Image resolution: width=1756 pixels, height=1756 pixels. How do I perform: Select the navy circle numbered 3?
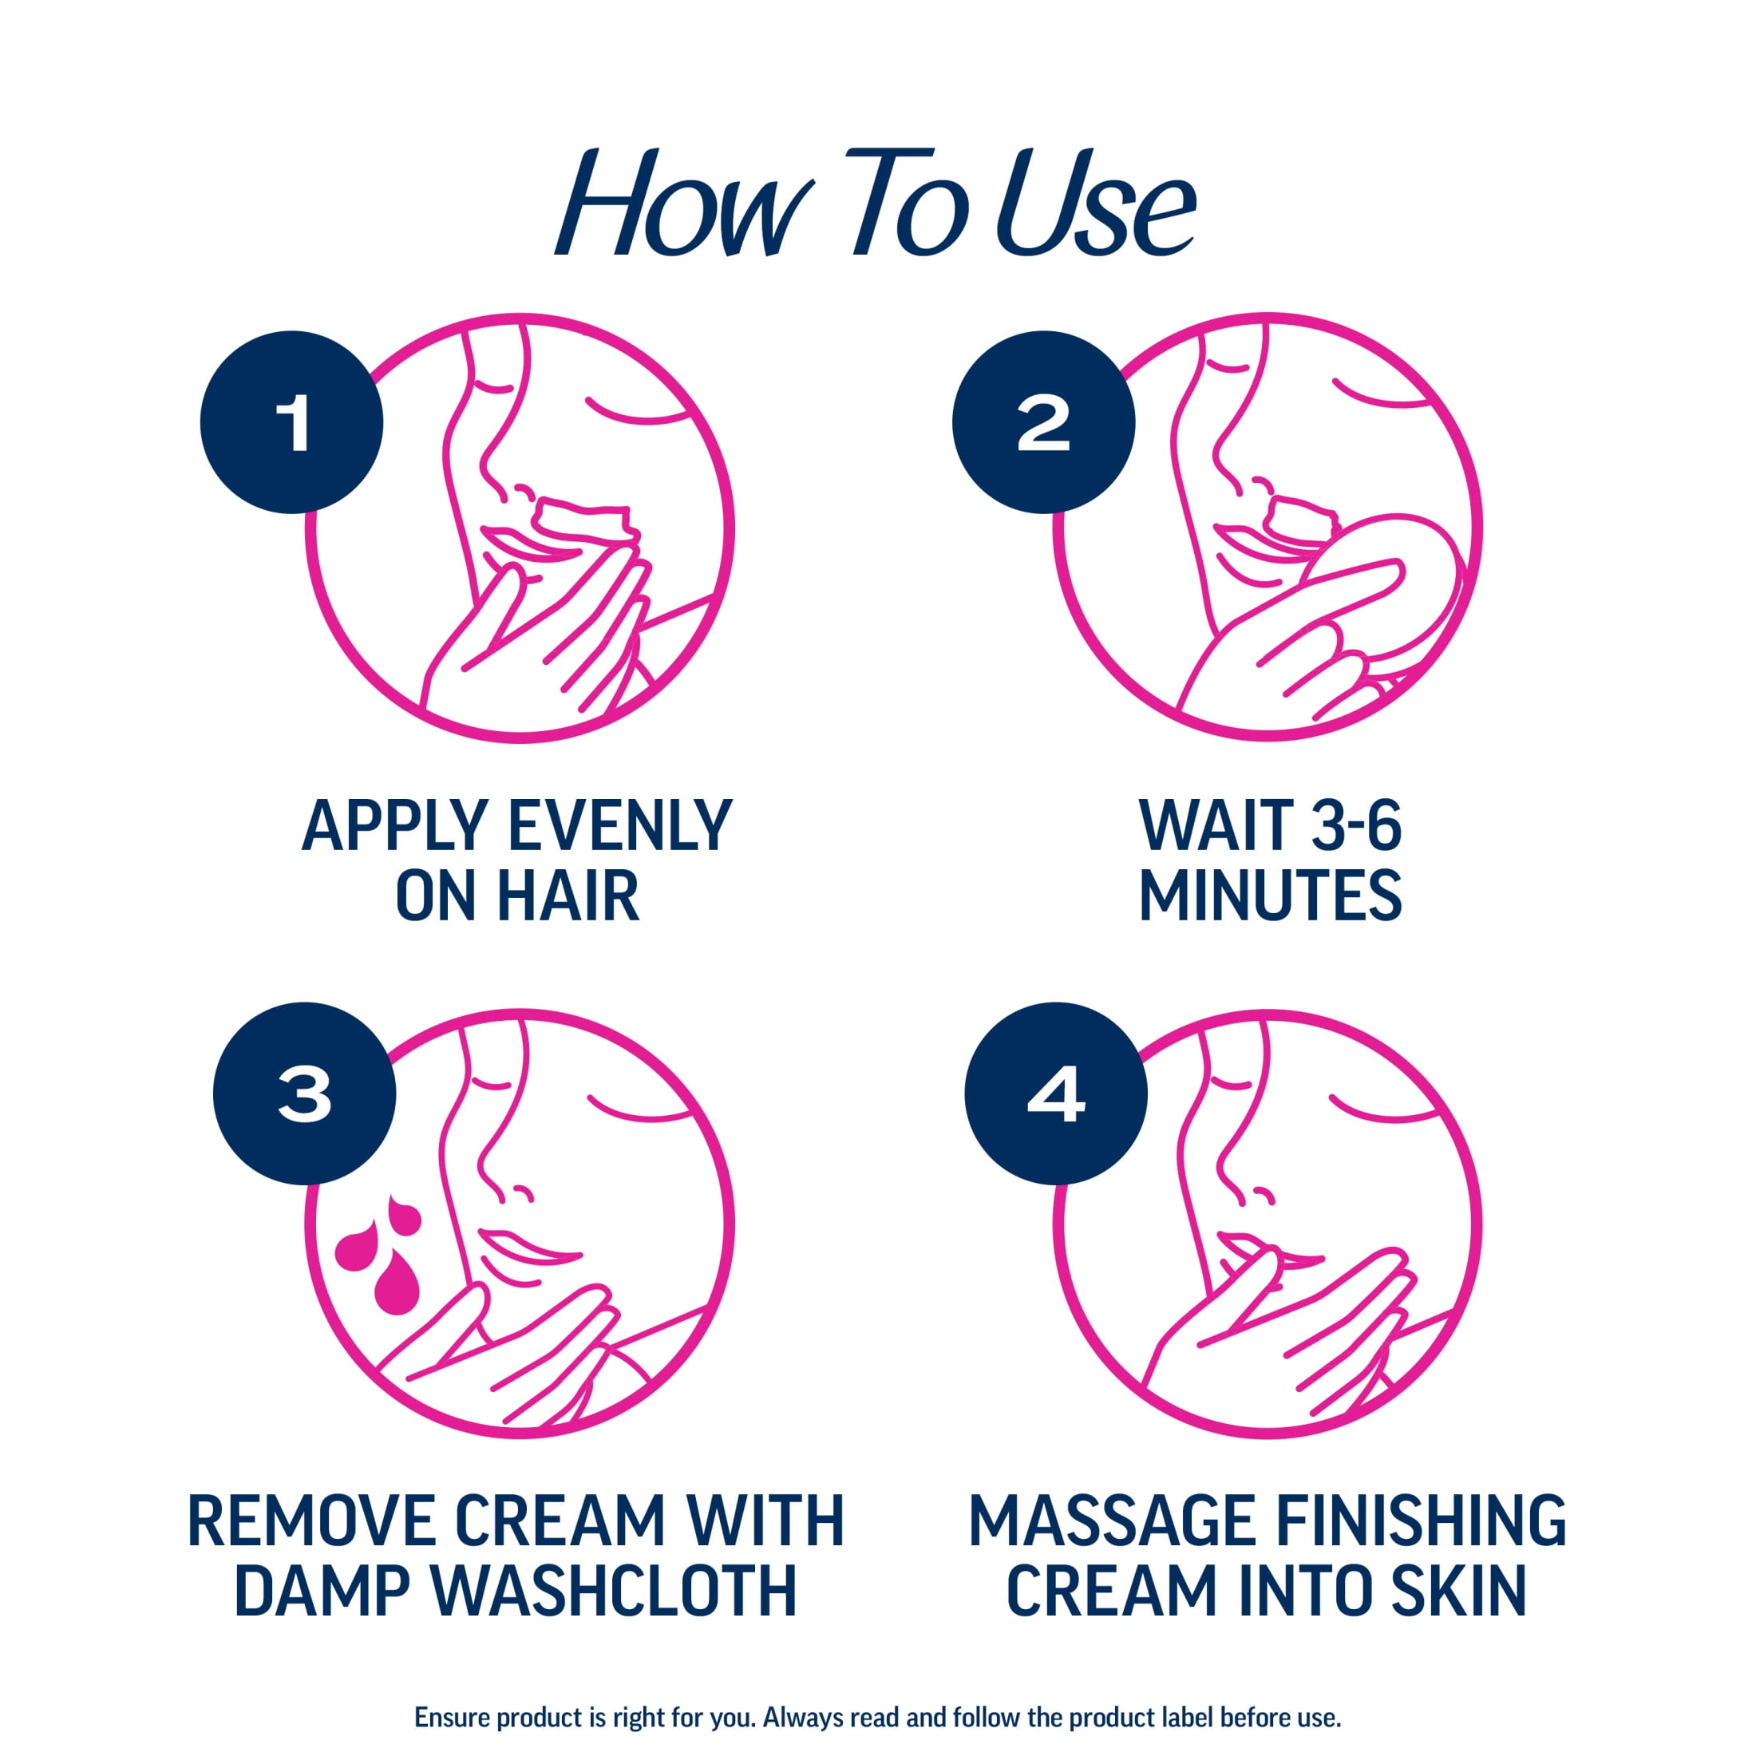coord(304,1094)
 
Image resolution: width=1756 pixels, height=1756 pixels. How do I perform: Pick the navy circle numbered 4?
coord(1056,1094)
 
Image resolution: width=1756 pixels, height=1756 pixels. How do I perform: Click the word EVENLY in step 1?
coord(620,826)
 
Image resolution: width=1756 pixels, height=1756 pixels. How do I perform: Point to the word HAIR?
coord(568,896)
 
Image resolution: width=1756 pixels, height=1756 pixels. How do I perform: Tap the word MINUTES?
coord(1270,896)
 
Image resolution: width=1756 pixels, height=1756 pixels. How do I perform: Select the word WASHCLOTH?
coord(614,1590)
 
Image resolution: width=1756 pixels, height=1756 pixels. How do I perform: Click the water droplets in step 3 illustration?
coord(379,1256)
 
